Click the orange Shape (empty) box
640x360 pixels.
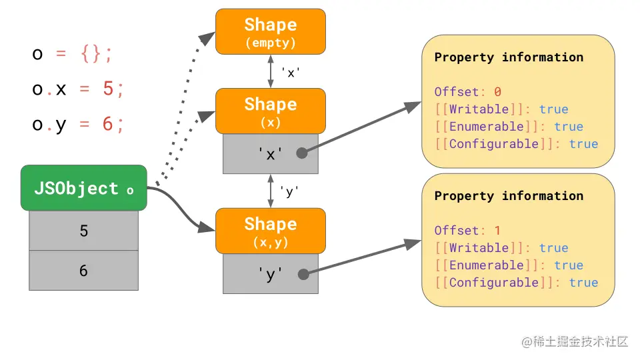270,31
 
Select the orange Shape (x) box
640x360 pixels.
270,111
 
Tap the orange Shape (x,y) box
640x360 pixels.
270,231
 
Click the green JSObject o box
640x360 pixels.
83,189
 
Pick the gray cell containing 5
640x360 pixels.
83,231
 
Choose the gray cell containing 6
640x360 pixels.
83,271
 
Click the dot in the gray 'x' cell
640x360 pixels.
302,153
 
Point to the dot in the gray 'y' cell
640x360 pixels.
302,273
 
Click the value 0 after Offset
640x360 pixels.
497,92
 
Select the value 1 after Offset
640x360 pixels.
497,231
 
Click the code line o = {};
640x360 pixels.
73,53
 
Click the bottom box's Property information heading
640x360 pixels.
509,196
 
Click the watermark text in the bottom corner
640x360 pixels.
575,342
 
